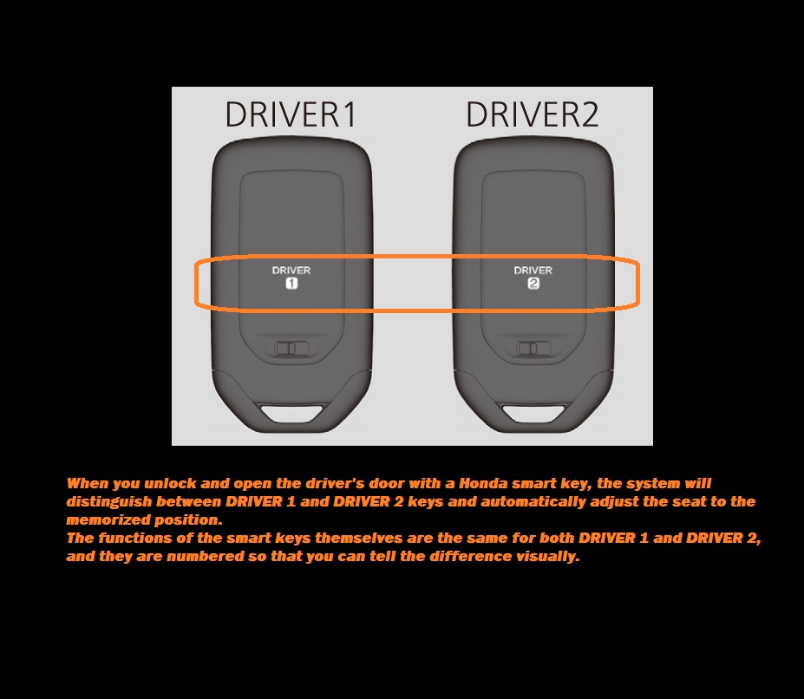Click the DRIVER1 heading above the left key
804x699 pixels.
[291, 114]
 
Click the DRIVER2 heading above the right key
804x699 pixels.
[533, 114]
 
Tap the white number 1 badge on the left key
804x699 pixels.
[291, 283]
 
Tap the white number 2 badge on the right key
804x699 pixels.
[533, 283]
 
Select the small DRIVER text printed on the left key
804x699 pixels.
[291, 271]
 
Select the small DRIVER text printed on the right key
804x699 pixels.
[533, 271]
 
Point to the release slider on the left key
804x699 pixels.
[291, 349]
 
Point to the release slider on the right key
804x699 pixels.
[533, 349]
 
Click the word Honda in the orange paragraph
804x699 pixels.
[483, 483]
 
